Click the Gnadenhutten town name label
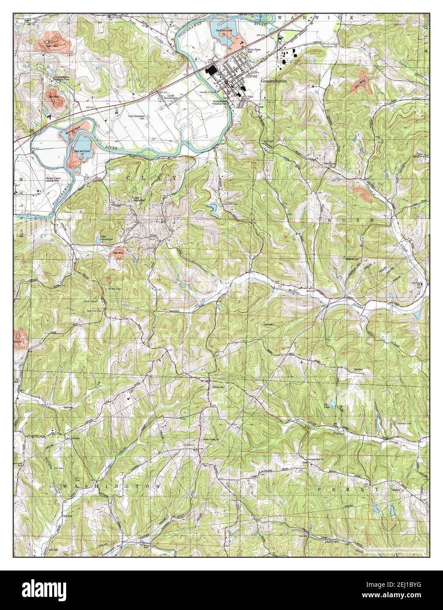(274, 82)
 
